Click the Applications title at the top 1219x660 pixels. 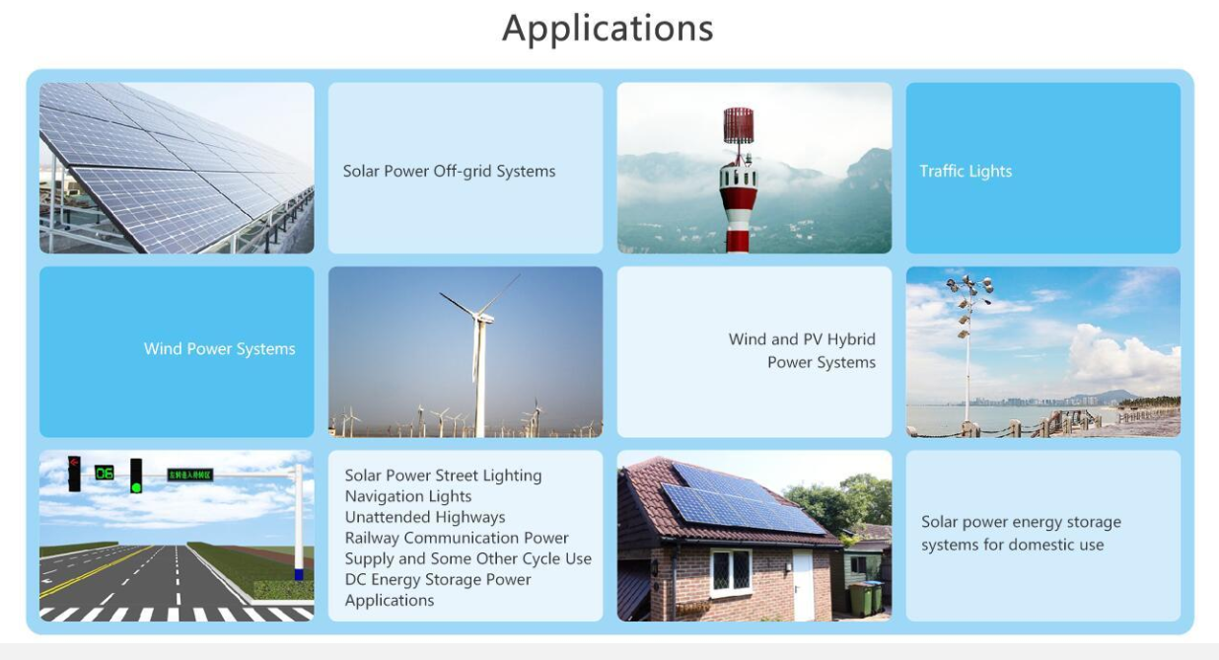[608, 29]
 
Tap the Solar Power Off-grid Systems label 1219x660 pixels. [449, 172]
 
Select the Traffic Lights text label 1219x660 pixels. [966, 172]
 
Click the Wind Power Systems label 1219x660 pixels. [219, 349]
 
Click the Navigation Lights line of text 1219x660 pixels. [408, 496]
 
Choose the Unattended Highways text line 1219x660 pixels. [425, 517]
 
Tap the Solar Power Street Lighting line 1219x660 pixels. [443, 476]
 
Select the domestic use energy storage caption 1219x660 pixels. [1021, 534]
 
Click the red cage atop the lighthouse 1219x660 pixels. [739, 125]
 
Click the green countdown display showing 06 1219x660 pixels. [104, 473]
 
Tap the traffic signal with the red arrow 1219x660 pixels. [74, 474]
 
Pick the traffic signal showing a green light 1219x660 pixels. [136, 476]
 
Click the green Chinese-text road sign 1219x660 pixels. [190, 475]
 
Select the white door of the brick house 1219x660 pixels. [803, 585]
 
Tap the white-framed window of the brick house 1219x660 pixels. [732, 571]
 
